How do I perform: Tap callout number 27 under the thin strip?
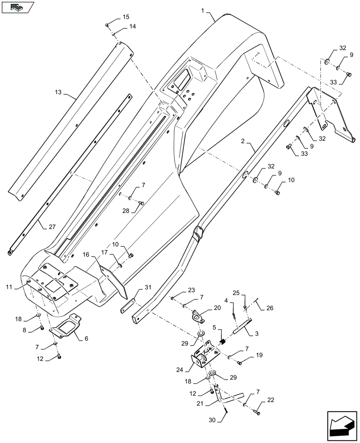coord(52,227)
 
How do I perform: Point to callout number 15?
coord(126,17)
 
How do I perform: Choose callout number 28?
coord(126,211)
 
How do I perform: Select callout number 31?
coord(148,287)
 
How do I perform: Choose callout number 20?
coord(217,308)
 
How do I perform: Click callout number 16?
coord(86,255)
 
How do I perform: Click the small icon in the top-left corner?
coord(17,7)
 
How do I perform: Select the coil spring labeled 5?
coord(223,342)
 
